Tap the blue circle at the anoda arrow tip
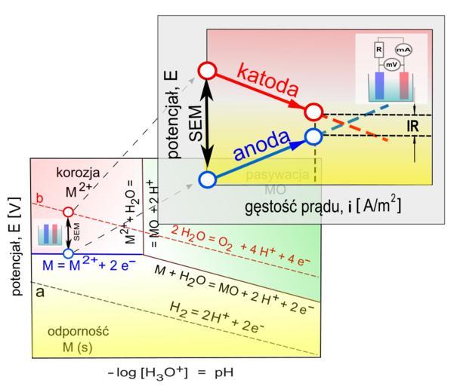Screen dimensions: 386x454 [x=313, y=136]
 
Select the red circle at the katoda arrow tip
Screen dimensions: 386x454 [x=313, y=112]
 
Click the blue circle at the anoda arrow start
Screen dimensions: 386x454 [x=208, y=179]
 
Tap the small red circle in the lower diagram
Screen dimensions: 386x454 [x=69, y=212]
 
